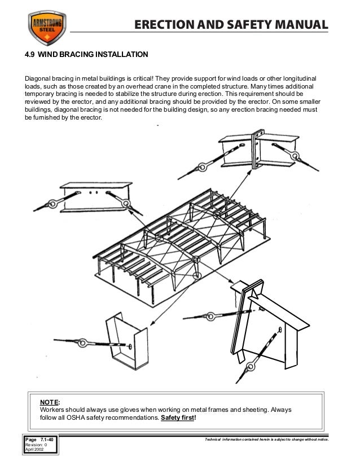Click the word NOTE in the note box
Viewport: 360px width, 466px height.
click(49, 402)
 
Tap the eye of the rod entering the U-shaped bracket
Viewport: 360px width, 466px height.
click(93, 342)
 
